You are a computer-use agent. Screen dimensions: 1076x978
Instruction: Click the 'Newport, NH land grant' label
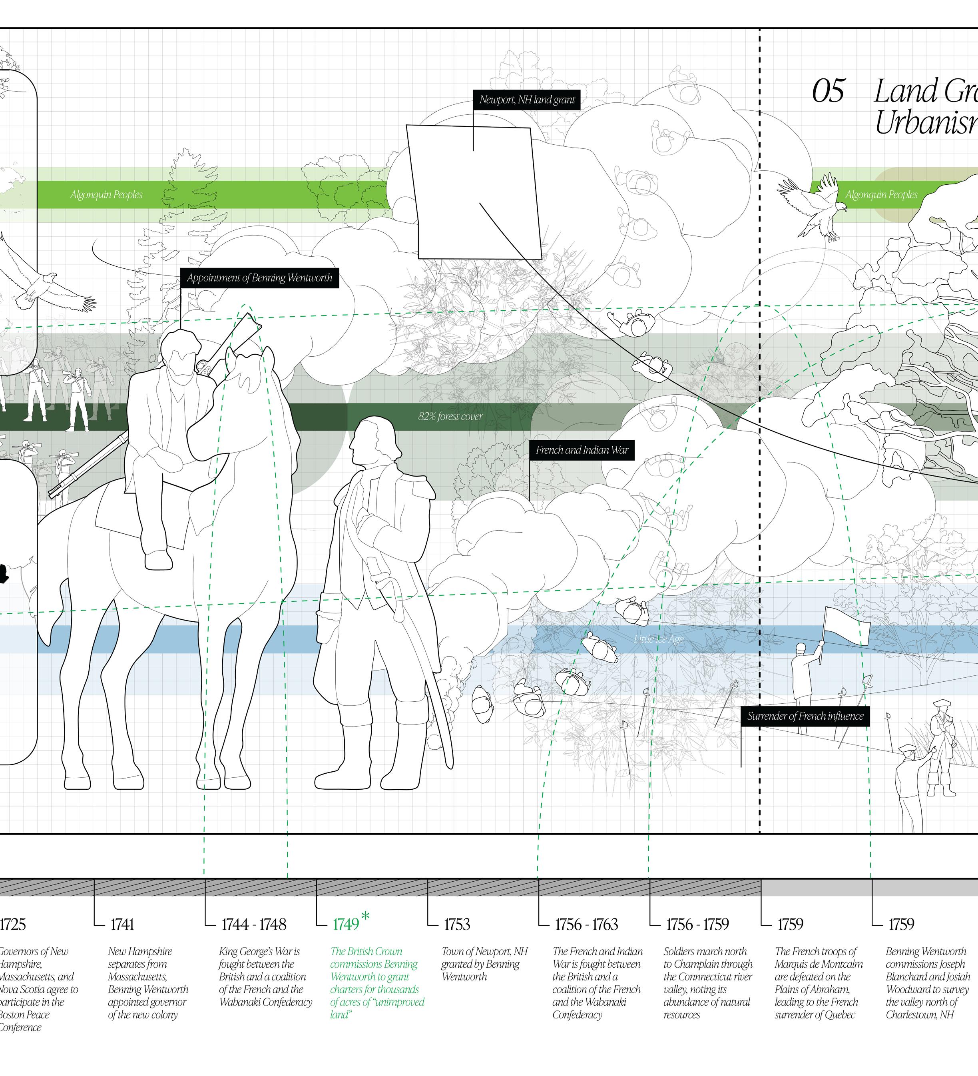pyautogui.click(x=527, y=100)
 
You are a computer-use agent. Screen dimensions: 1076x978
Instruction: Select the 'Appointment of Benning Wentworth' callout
pyautogui.click(x=259, y=277)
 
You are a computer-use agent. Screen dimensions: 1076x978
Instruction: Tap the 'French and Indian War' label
pyautogui.click(x=582, y=450)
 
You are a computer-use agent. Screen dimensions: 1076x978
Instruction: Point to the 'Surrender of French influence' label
pyautogui.click(x=805, y=716)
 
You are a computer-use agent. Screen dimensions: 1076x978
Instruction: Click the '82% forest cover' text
pyautogui.click(x=450, y=416)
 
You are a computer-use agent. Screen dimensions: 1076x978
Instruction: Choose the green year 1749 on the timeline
pyautogui.click(x=345, y=924)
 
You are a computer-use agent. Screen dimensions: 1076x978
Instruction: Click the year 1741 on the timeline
pyautogui.click(x=122, y=924)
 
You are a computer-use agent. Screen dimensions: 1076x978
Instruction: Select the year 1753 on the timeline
pyautogui.click(x=457, y=924)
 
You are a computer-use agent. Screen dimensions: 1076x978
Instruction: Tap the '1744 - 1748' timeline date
pyautogui.click(x=253, y=924)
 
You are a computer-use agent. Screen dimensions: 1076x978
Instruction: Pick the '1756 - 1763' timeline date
pyautogui.click(x=586, y=924)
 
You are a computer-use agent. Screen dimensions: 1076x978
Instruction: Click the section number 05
pyautogui.click(x=828, y=91)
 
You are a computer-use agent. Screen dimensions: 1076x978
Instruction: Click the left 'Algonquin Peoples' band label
pyautogui.click(x=106, y=195)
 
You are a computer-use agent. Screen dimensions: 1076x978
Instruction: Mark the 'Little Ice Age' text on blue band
pyautogui.click(x=658, y=639)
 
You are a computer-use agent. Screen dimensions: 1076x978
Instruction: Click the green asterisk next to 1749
pyautogui.click(x=365, y=916)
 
